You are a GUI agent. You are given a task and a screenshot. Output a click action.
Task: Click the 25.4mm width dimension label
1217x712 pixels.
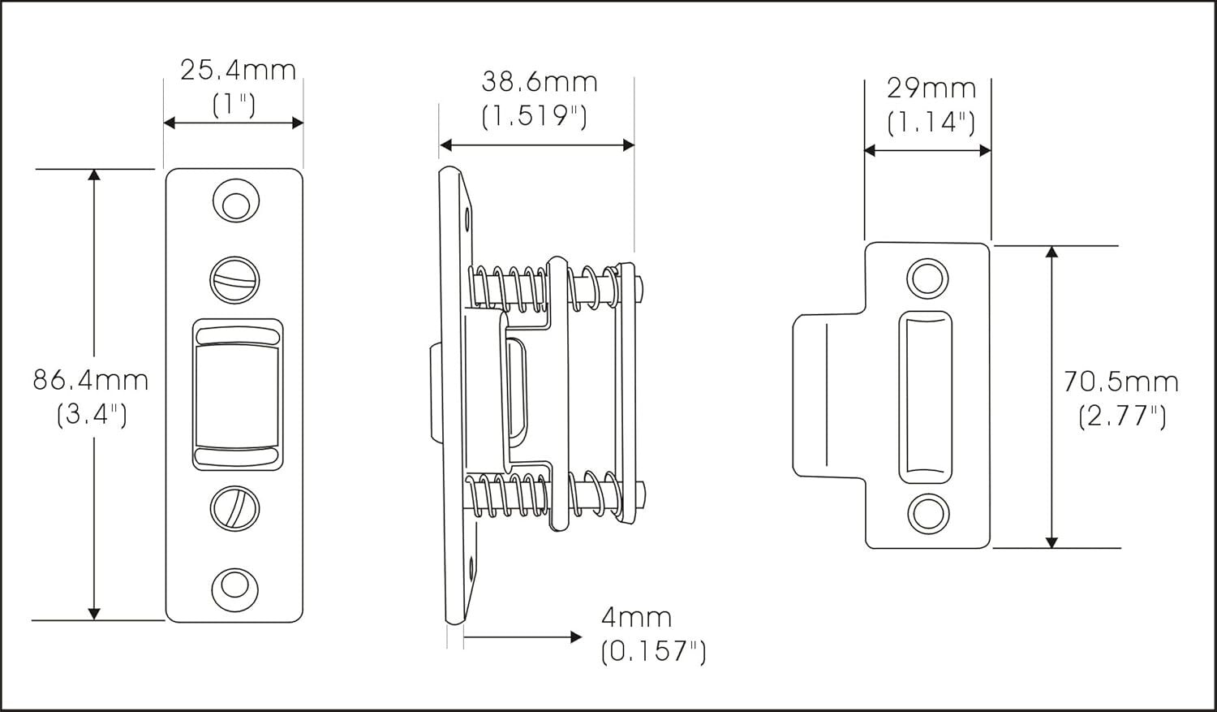[238, 71]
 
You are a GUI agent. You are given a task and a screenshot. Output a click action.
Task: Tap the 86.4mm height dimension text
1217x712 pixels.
[91, 379]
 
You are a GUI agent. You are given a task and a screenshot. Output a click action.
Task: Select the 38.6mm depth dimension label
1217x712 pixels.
[540, 82]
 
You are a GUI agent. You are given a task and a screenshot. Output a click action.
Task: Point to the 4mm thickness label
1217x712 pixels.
[636, 618]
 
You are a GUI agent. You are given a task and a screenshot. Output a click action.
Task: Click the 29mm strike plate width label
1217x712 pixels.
[931, 88]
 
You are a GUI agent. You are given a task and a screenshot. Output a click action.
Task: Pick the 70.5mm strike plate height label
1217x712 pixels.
[1120, 382]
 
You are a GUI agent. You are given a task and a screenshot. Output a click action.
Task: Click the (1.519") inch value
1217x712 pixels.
[534, 117]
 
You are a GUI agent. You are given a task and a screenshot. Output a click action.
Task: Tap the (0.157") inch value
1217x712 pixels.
[653, 652]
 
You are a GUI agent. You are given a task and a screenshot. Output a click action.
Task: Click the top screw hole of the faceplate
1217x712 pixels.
[235, 203]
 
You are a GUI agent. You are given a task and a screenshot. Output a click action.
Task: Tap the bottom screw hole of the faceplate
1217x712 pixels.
[235, 586]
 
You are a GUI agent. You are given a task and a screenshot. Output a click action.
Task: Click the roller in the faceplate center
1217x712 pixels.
[236, 395]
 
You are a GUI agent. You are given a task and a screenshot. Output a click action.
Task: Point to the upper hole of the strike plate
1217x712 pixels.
[926, 278]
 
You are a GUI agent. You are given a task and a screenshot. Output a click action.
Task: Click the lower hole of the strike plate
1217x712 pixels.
[926, 513]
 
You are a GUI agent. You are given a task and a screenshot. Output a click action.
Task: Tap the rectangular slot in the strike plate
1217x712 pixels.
[926, 396]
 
